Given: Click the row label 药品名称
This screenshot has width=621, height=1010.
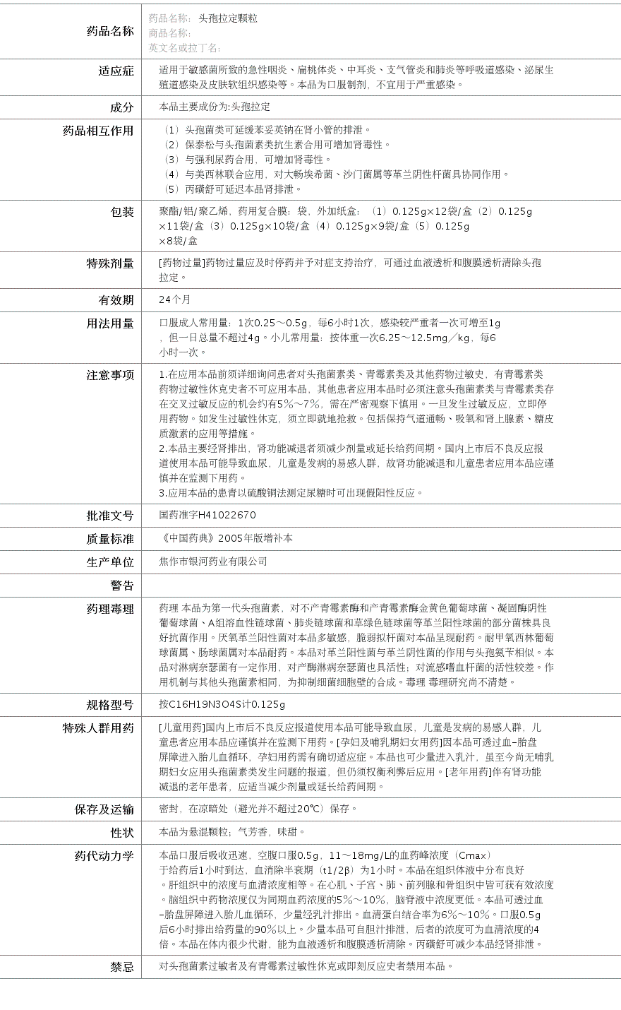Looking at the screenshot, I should pos(109,31).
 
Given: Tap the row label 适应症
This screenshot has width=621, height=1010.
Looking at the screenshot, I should pos(116,71).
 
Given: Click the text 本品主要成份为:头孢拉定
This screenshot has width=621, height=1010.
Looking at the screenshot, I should pos(215,107).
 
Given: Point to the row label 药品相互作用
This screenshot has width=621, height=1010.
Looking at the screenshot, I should pos(98,131).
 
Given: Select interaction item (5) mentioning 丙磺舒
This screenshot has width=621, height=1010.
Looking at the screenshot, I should pos(232,189).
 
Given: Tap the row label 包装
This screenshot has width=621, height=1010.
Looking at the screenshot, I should pos(122,212).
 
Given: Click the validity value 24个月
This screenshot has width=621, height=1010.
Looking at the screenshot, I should pos(174,299).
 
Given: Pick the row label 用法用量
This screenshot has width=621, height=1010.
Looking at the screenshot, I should pos(110,323).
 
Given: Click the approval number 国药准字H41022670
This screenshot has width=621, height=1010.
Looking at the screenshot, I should pos(207,516).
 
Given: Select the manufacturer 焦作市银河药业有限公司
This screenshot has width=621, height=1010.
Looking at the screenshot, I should pos(213,562).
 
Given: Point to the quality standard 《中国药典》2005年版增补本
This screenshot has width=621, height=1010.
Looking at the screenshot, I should pos(226,538).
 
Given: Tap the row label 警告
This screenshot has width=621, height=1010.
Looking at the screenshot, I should pos(122,586).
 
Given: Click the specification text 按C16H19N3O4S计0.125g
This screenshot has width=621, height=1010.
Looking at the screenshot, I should pos(222,704).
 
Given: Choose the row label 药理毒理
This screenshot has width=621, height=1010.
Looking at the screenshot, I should pos(110,609).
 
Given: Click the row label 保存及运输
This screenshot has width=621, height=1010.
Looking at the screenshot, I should pos(104,809).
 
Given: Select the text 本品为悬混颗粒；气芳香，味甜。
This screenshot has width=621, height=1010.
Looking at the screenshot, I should pos(232,832).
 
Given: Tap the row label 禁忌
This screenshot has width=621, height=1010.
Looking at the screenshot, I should pos(122,967).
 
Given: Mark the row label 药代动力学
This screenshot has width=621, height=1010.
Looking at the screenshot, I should pos(104,856).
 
